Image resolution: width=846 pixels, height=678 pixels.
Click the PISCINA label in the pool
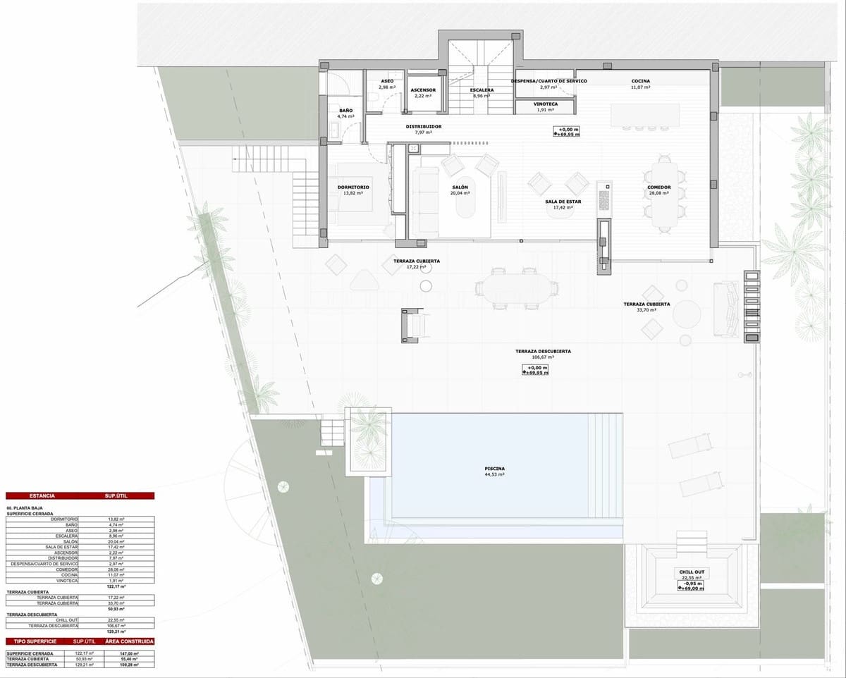point(494,469)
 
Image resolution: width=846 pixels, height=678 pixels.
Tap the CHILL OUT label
point(692,572)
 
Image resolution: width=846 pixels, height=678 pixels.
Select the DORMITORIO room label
point(353,187)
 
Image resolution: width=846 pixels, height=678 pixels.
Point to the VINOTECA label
point(541,104)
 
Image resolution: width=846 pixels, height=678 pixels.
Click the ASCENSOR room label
point(423,90)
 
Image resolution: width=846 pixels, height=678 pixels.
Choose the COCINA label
point(640,81)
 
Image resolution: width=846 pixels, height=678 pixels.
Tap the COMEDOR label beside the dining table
point(658,187)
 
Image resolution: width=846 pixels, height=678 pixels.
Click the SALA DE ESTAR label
point(563,202)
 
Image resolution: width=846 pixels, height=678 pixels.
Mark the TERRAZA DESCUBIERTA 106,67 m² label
point(543,351)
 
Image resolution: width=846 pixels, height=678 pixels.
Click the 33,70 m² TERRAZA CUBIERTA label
point(646,304)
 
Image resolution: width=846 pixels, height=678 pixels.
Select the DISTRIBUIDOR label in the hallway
point(423,127)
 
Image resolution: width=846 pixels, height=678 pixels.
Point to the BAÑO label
point(345,111)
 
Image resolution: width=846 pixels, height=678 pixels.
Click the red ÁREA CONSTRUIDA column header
point(130,641)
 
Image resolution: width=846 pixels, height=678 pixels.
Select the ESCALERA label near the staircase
point(482,90)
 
